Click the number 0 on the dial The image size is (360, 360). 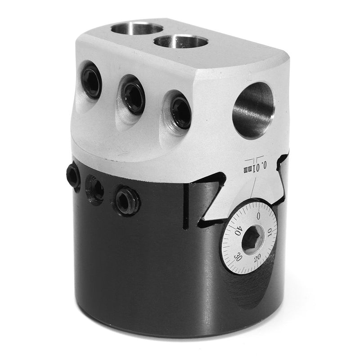[x=258, y=216]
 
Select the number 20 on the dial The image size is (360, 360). [x=258, y=257]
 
